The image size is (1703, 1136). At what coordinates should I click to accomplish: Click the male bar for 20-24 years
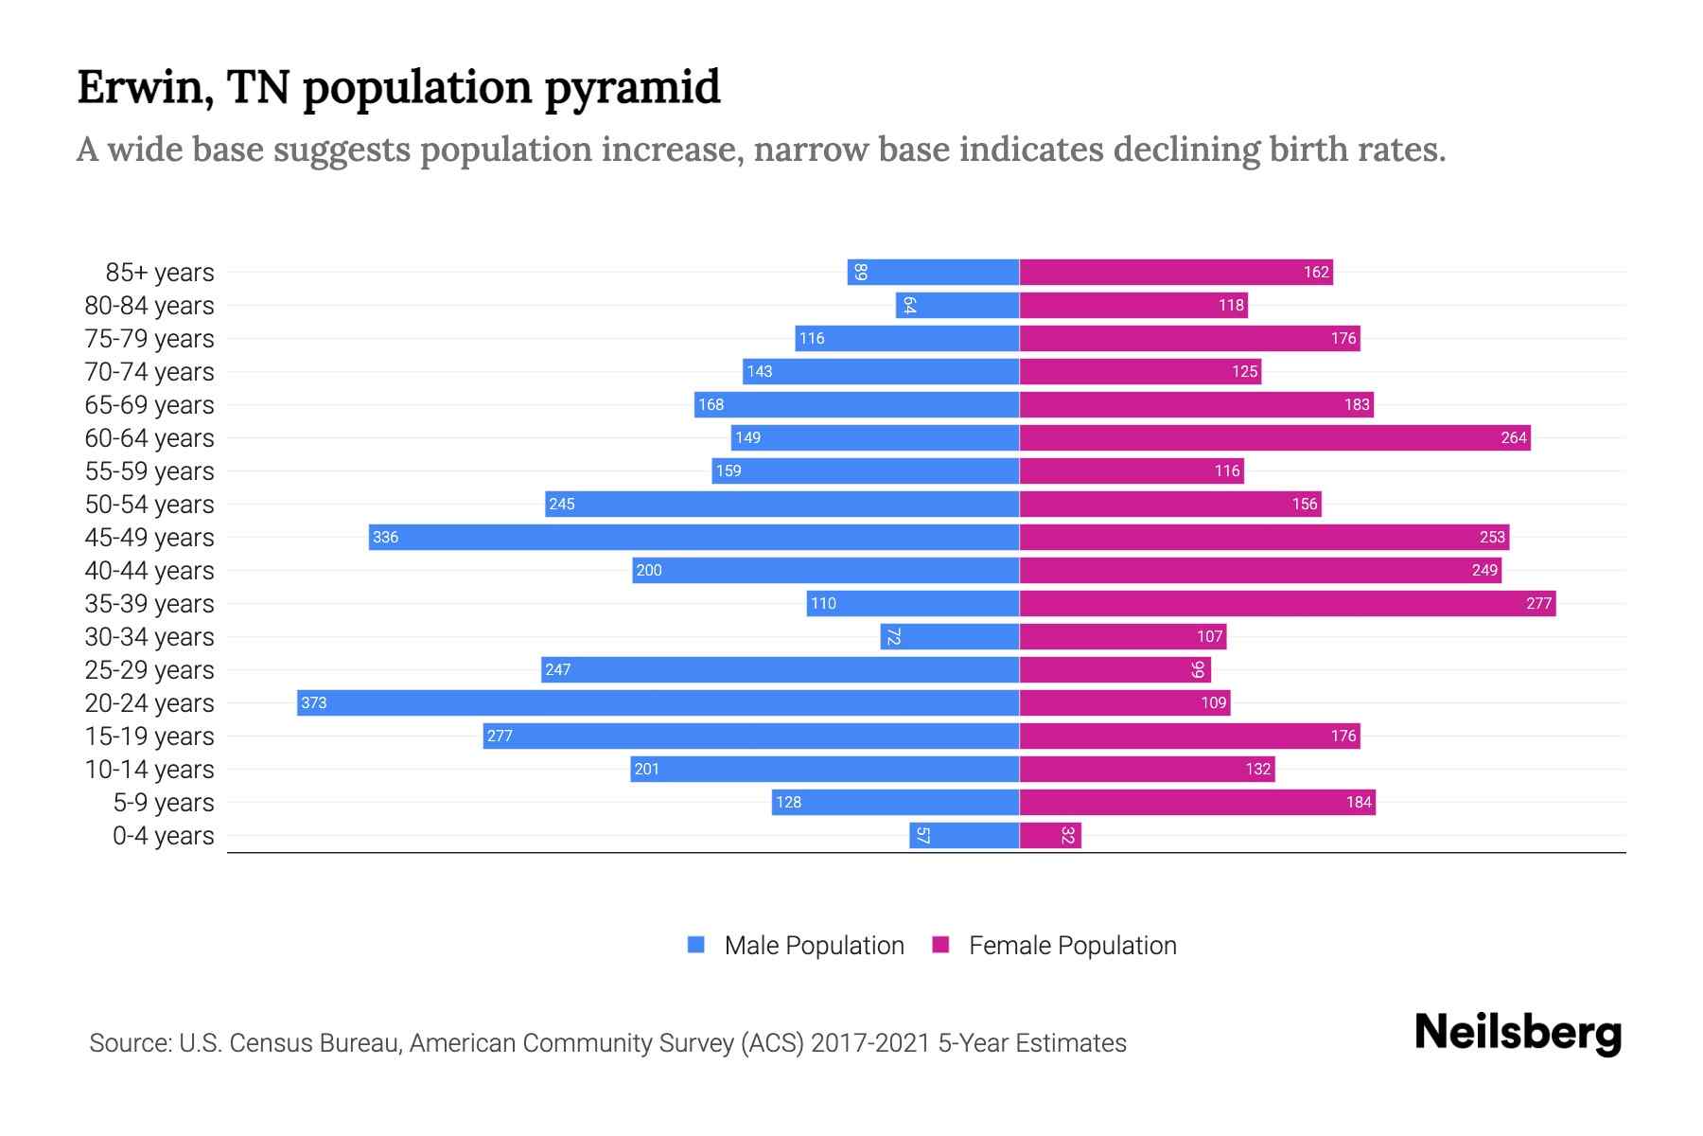click(658, 702)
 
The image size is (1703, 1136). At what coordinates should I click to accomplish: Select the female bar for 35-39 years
click(1287, 603)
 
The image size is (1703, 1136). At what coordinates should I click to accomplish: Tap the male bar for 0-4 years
click(964, 835)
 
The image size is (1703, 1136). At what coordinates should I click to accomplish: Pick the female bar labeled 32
click(1050, 835)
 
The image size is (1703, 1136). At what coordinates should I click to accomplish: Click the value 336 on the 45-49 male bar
click(385, 538)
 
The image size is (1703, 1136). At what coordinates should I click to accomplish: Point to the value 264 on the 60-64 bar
click(1513, 438)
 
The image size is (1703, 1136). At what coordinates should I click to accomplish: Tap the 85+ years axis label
click(159, 273)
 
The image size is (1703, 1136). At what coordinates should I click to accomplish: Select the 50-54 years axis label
click(149, 505)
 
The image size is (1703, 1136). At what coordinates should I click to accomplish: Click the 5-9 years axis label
click(164, 803)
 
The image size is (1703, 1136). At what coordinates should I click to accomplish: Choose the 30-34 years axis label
click(149, 637)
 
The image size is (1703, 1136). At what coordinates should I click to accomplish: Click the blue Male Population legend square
click(696, 945)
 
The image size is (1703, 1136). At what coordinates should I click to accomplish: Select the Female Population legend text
click(1072, 946)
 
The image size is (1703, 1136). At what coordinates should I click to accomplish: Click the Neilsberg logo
click(1518, 1033)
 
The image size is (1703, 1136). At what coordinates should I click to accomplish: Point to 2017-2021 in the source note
click(870, 1043)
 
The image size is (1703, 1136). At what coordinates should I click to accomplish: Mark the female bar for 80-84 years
click(1133, 305)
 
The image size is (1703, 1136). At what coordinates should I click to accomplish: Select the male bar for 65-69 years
click(856, 404)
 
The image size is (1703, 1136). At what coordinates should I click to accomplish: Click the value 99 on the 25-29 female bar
click(1198, 669)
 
